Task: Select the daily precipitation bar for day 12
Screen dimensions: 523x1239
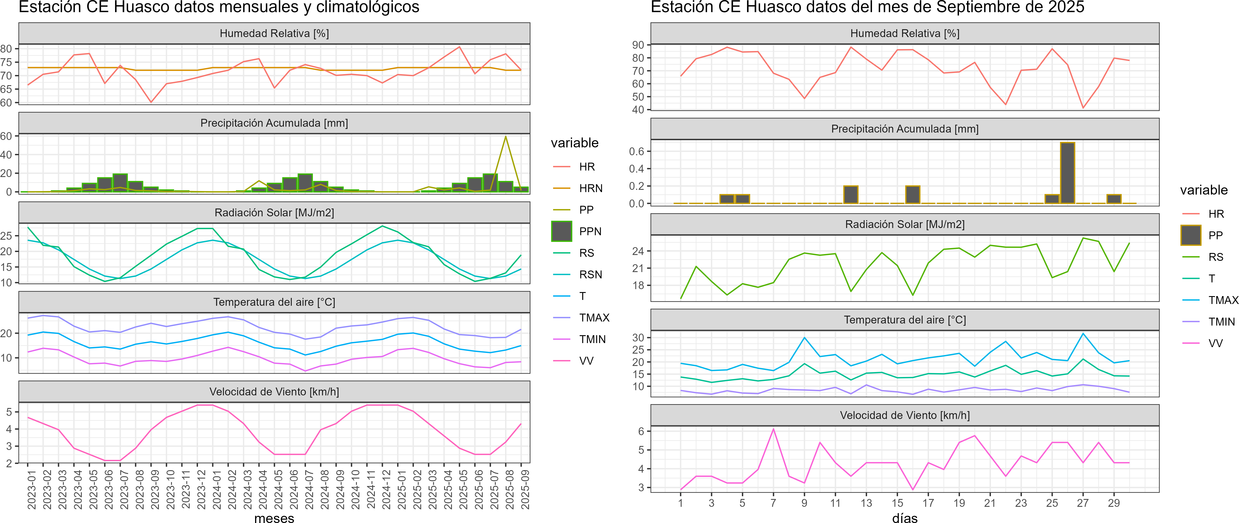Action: (850, 195)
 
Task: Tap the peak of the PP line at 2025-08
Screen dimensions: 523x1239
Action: (505, 137)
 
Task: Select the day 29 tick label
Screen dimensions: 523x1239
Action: (1113, 503)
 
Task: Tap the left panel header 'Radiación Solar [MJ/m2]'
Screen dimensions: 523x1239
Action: (274, 213)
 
